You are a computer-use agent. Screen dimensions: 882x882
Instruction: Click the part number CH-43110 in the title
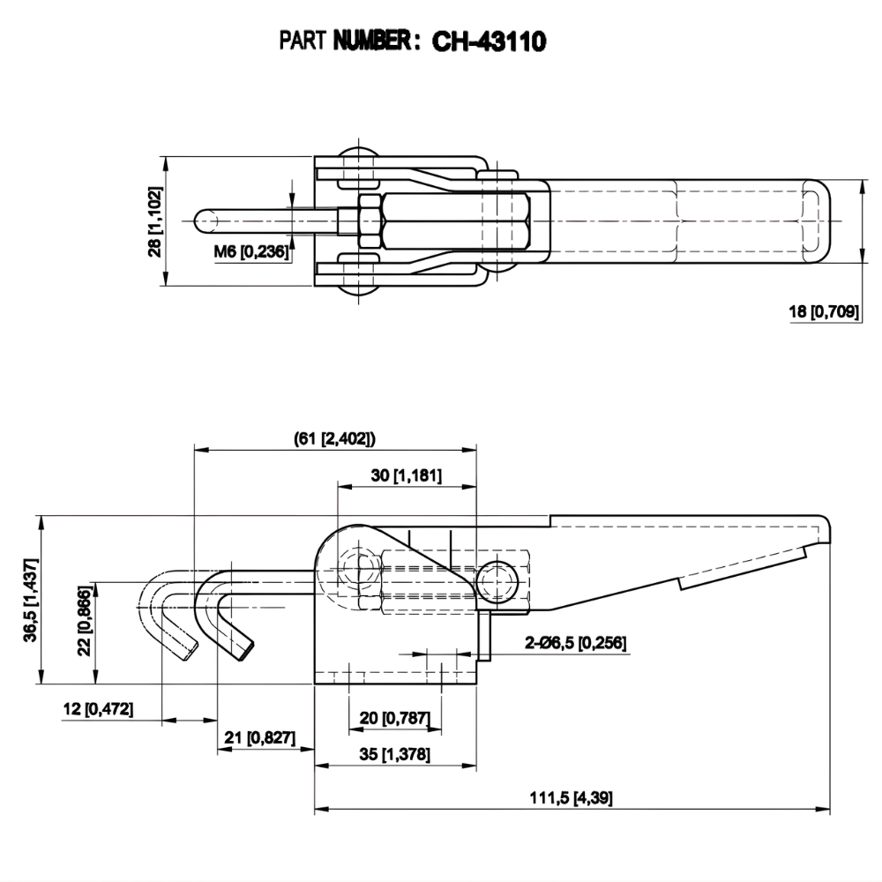tap(489, 41)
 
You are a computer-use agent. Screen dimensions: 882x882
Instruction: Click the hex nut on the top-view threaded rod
tap(368, 220)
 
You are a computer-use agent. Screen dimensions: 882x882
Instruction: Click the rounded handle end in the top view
tap(815, 220)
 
